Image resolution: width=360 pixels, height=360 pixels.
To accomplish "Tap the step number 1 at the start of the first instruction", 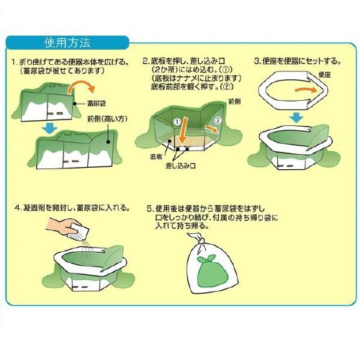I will tap(14, 63).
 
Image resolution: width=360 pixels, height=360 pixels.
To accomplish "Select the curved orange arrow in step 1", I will tap(75, 89).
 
